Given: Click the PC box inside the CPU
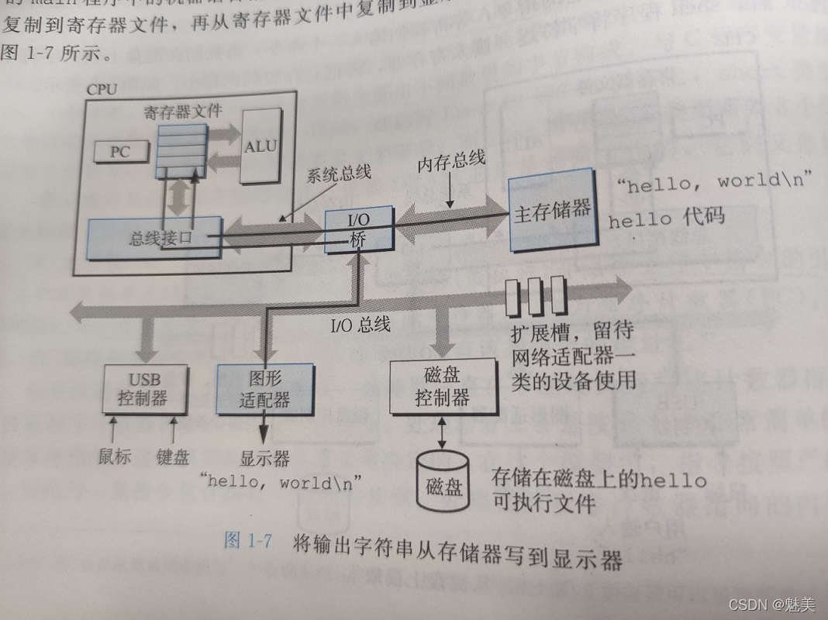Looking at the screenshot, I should [x=119, y=152].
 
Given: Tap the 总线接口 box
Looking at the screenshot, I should [x=155, y=236].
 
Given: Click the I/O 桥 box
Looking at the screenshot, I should [x=358, y=229].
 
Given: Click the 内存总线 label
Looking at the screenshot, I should [x=451, y=161].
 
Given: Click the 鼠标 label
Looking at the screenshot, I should [x=115, y=456].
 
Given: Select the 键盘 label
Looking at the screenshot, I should [x=172, y=456].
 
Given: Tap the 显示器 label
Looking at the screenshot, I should [x=266, y=458].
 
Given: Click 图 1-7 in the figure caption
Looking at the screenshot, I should [x=247, y=541].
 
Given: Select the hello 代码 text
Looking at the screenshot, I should [x=666, y=218].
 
